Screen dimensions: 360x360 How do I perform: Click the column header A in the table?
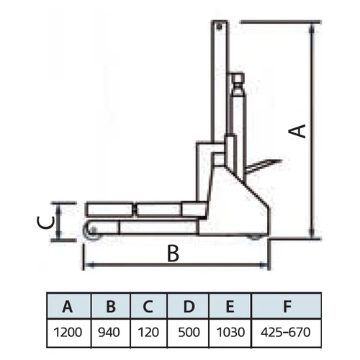[68, 307]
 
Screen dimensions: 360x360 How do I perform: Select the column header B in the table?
[111, 307]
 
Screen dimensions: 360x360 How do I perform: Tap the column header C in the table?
[148, 307]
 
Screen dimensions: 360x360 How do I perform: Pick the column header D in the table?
[189, 307]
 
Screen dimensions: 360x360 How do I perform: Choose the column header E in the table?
[230, 307]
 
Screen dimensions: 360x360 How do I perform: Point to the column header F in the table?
[287, 307]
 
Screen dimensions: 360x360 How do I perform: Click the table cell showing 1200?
[68, 333]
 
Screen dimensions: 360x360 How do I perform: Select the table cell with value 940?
[109, 333]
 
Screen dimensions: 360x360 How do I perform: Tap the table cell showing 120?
[148, 333]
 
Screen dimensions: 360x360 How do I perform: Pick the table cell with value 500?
[189, 333]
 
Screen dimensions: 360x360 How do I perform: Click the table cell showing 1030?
[230, 333]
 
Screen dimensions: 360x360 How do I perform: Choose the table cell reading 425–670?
[286, 333]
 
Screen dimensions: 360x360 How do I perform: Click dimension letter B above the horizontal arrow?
[173, 253]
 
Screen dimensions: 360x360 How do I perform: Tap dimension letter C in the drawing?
[46, 222]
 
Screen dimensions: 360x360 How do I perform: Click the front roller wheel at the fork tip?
[91, 231]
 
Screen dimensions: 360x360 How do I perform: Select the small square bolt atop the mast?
[219, 26]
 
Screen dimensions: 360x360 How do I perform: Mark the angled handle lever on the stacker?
[264, 166]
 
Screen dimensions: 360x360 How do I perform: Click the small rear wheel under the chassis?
[256, 237]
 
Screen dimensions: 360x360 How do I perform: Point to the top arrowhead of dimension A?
[311, 29]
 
